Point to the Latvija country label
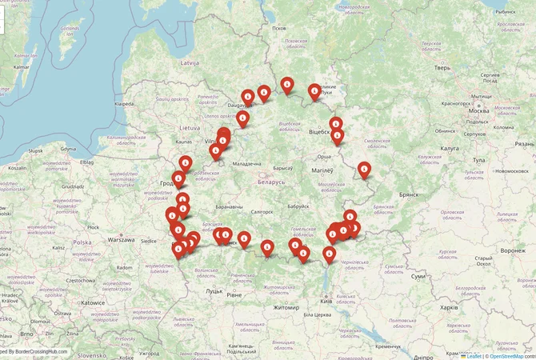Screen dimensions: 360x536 click(189, 62)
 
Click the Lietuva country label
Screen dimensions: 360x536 click(189, 127)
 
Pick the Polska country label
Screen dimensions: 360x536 click(82, 242)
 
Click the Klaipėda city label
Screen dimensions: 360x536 click(124, 104)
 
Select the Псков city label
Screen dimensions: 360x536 click(278, 28)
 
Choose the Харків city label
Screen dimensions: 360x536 click(449, 306)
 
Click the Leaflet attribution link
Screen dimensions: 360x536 click(474, 355)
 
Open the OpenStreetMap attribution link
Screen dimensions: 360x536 click(512, 355)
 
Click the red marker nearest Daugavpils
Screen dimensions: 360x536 click(248, 98)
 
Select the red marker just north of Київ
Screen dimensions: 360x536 click(329, 254)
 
